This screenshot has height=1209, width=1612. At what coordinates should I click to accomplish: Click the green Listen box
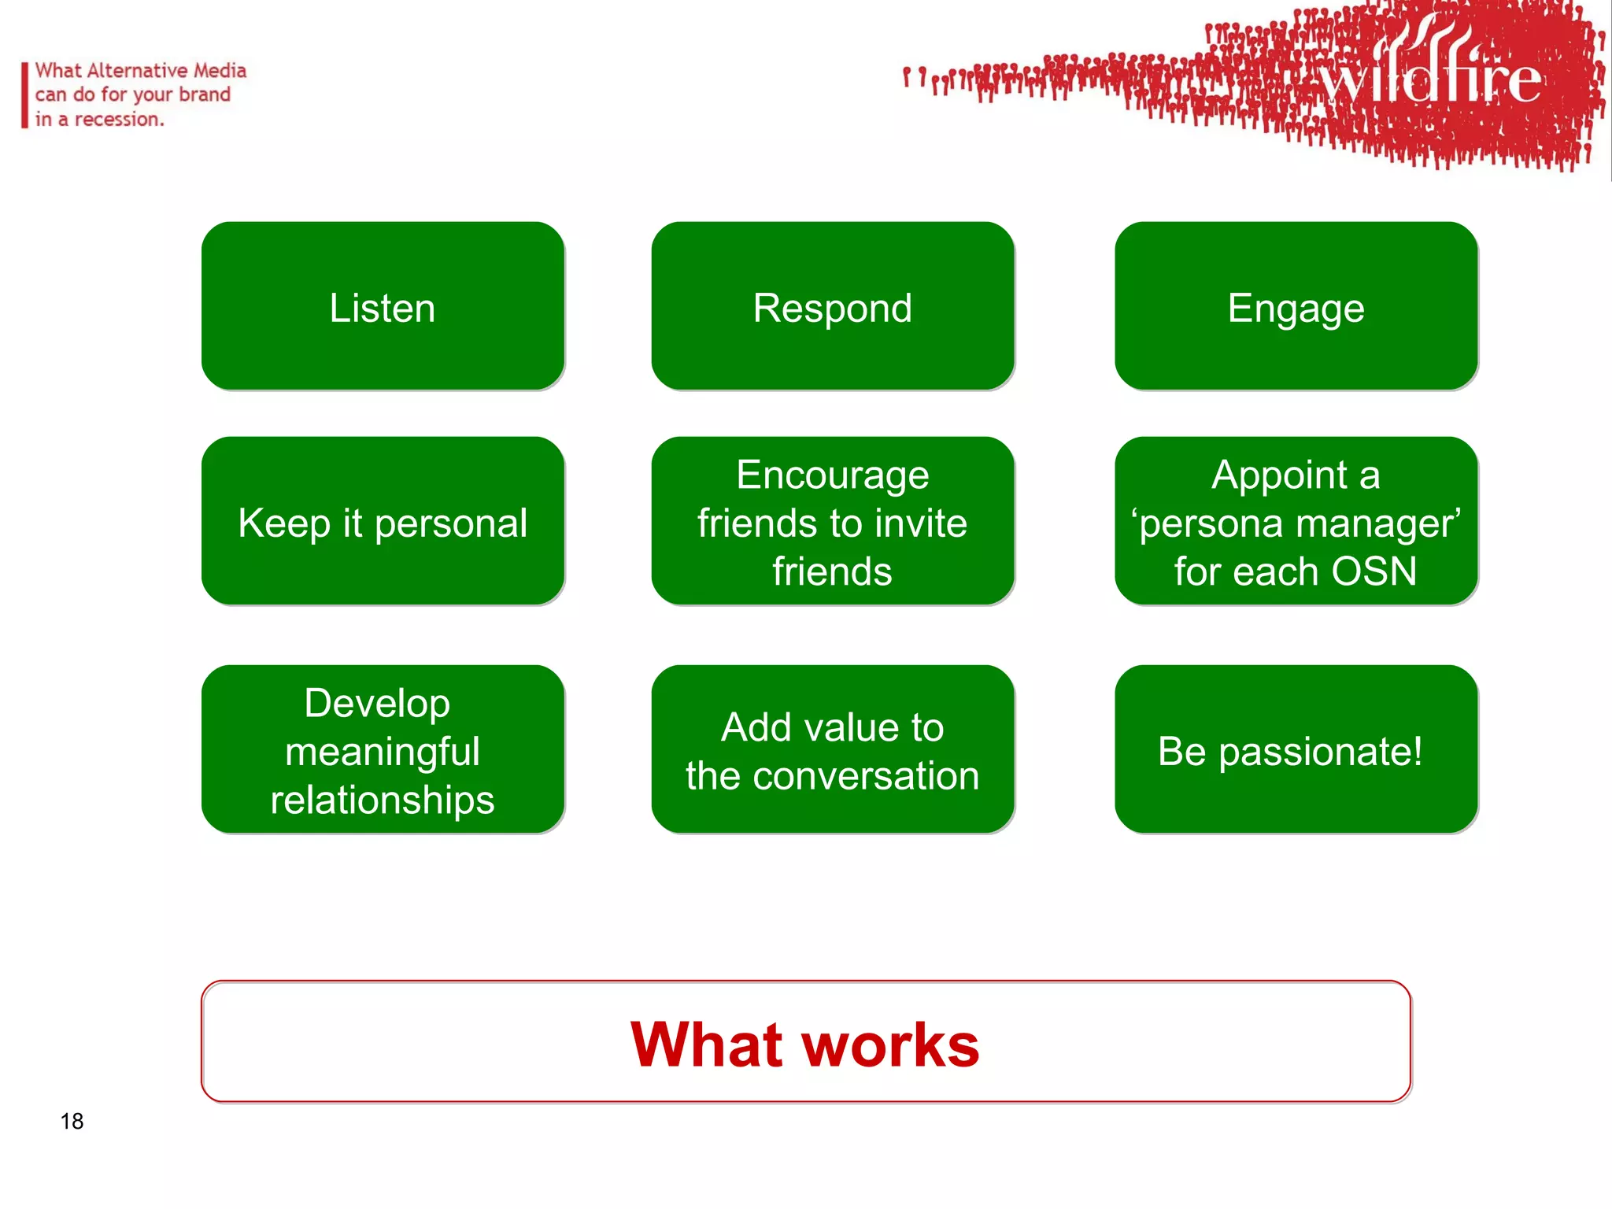[x=383, y=306]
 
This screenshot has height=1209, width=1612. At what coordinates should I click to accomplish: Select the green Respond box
[x=833, y=306]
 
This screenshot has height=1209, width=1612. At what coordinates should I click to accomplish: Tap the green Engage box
[x=1296, y=306]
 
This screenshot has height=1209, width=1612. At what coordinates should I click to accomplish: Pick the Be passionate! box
[x=1296, y=750]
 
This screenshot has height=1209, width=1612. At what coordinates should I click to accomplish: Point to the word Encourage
[x=833, y=475]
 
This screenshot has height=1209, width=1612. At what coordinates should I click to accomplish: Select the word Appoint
[x=1279, y=475]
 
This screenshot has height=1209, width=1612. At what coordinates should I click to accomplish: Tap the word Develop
[x=377, y=703]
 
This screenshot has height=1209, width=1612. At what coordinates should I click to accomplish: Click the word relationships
[x=383, y=800]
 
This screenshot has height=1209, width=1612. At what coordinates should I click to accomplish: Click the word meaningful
[x=383, y=752]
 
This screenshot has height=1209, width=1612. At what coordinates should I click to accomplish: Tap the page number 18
[x=72, y=1121]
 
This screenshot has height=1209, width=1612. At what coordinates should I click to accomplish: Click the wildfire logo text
[x=1429, y=79]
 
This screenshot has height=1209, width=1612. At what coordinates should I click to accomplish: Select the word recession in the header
[x=118, y=120]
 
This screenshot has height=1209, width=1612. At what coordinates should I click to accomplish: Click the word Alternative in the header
[x=138, y=71]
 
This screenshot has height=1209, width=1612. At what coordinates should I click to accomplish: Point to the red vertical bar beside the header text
[x=24, y=95]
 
